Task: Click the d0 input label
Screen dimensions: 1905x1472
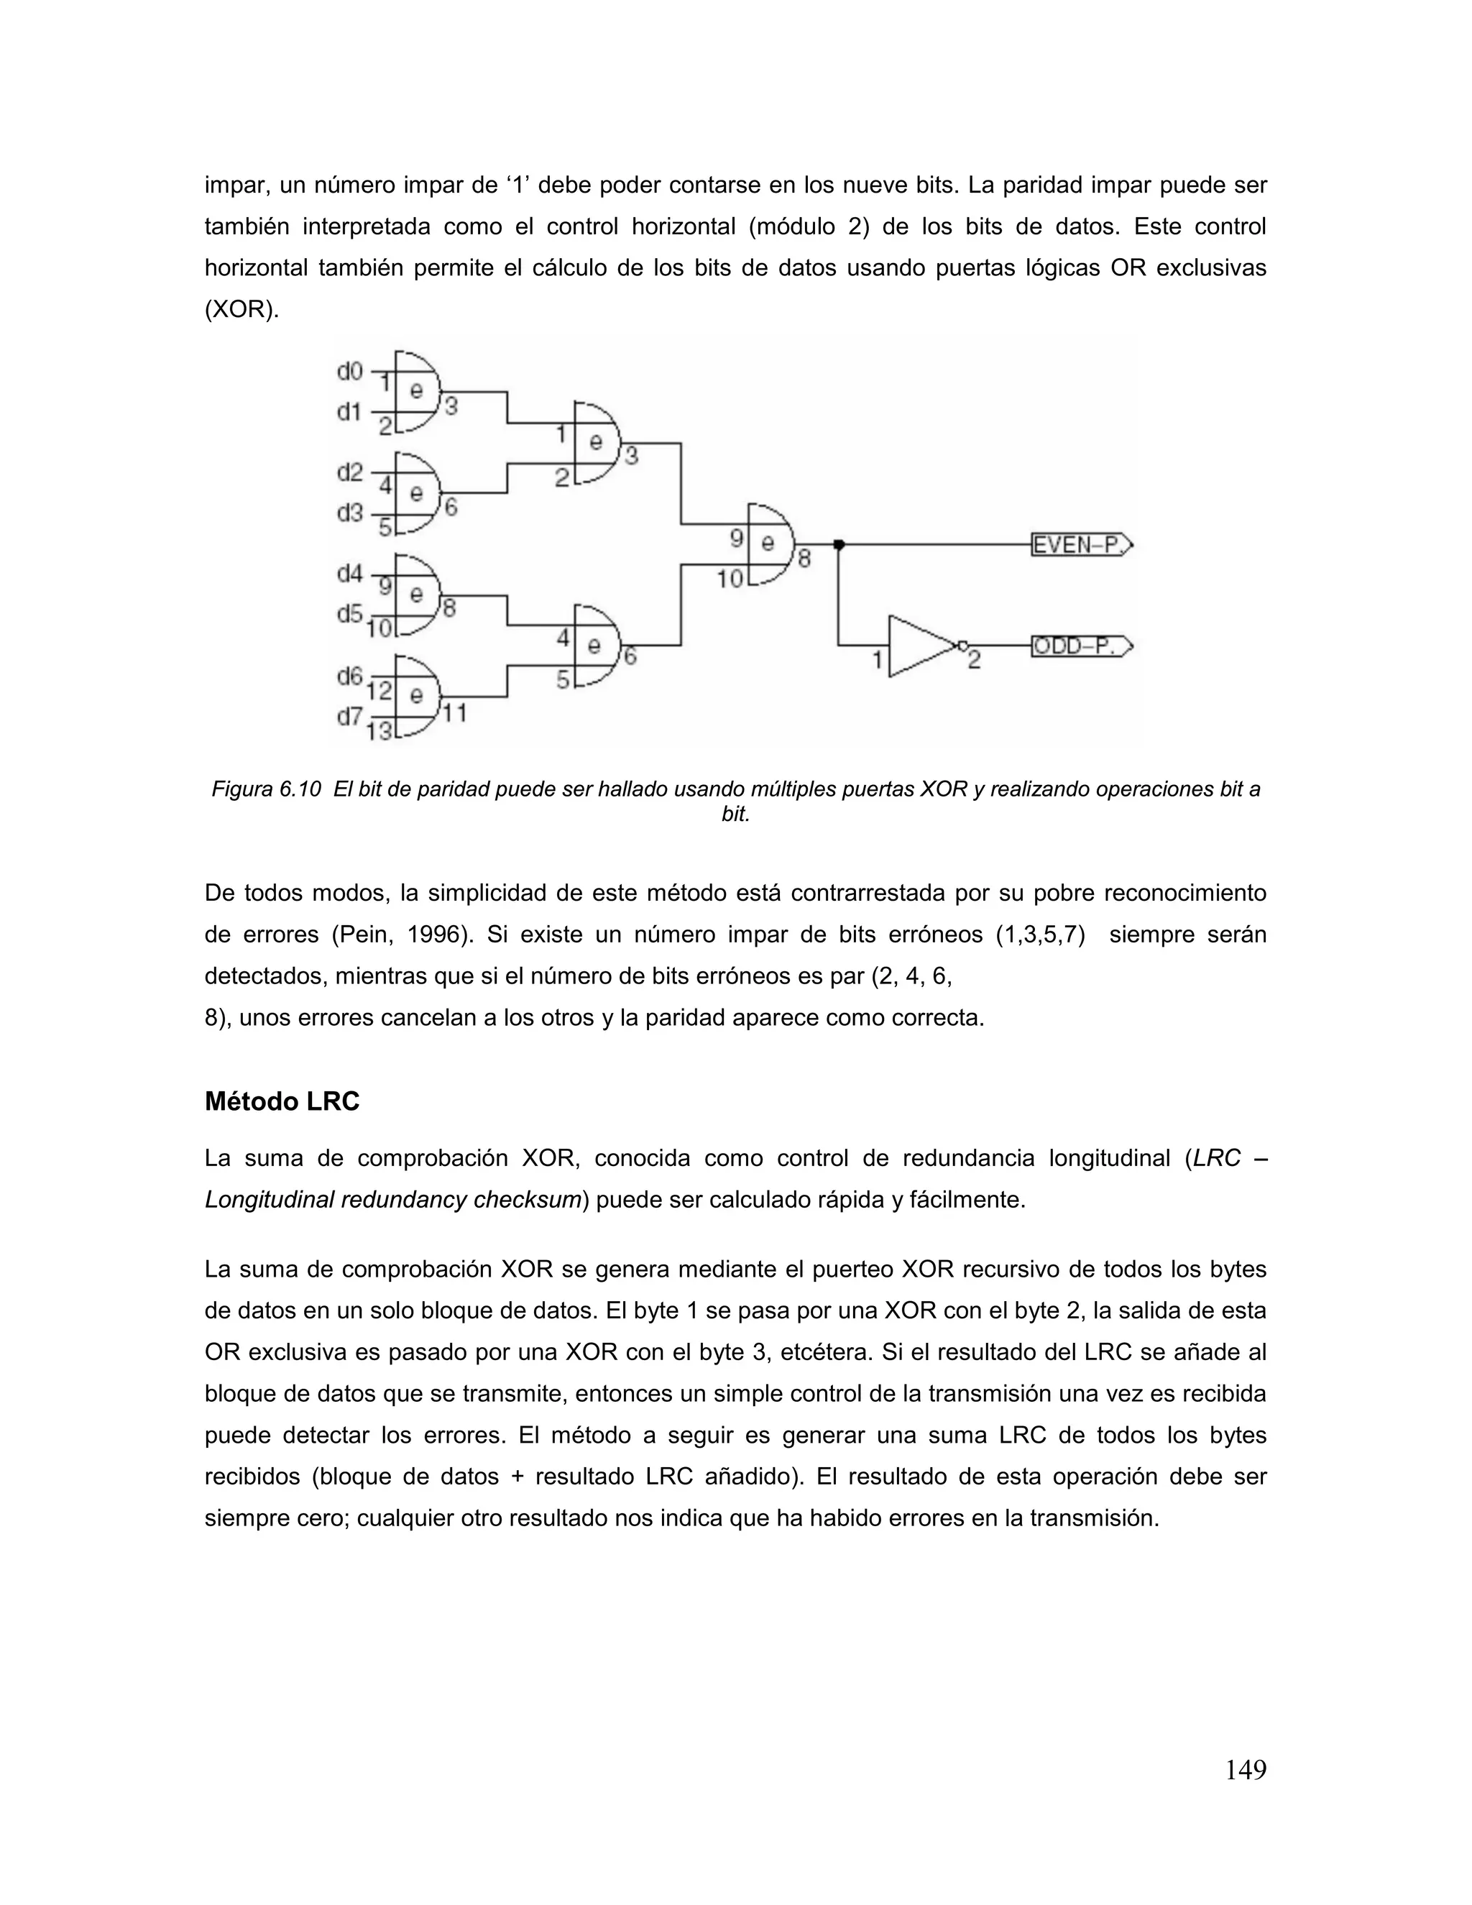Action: pyautogui.click(x=350, y=372)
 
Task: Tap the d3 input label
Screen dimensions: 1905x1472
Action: pyautogui.click(x=350, y=513)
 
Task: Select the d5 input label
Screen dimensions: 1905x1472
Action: pyautogui.click(x=350, y=614)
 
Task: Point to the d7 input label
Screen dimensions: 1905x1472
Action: pyautogui.click(x=350, y=717)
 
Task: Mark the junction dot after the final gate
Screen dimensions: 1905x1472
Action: pyautogui.click(x=839, y=545)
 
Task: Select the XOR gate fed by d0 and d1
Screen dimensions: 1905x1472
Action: pyautogui.click(x=417, y=392)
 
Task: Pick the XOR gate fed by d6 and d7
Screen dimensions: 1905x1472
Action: pyautogui.click(x=417, y=695)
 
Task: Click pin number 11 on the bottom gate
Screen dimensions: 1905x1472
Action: pyautogui.click(x=454, y=714)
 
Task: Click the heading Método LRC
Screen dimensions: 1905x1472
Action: pyautogui.click(x=282, y=1101)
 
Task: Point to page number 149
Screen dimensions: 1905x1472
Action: pyautogui.click(x=1246, y=1770)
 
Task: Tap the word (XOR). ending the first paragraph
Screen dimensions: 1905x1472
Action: pyautogui.click(x=242, y=310)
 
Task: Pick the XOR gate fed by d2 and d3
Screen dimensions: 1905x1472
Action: pyautogui.click(x=417, y=493)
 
